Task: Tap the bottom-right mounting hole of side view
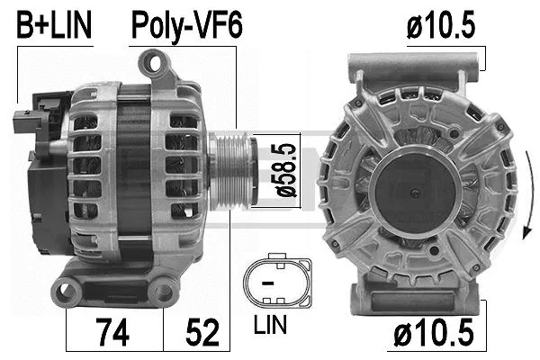(x=163, y=290)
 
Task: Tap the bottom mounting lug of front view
(x=416, y=292)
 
